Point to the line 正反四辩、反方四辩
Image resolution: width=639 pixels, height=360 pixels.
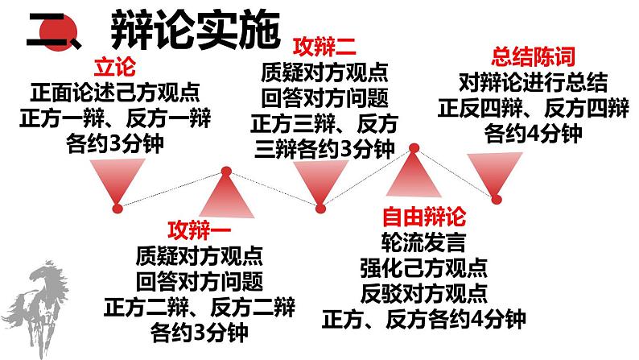(534, 107)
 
